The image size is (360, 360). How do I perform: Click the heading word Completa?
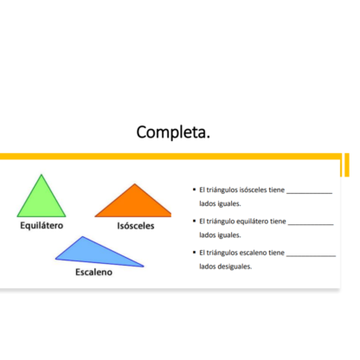[x=173, y=132]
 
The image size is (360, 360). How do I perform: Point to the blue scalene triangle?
[x=95, y=254]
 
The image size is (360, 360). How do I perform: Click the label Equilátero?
[x=42, y=225]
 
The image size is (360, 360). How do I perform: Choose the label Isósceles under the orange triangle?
[x=136, y=226]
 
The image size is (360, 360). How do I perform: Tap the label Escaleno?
[x=93, y=272]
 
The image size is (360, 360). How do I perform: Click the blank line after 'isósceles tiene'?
[x=309, y=193]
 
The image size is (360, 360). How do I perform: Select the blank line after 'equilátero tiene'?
[x=311, y=224]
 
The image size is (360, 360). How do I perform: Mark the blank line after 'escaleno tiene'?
[x=311, y=256]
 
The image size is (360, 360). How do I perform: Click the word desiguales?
[x=235, y=267]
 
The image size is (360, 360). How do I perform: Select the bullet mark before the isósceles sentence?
[x=194, y=190]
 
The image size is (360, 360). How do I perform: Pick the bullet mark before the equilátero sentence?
[x=194, y=221]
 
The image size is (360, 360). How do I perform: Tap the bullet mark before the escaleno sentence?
[x=194, y=253]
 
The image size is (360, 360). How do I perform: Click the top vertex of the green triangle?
[x=42, y=174]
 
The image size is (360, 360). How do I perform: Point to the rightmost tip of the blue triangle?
[x=144, y=267]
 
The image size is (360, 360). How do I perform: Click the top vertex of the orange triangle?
[x=134, y=183]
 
